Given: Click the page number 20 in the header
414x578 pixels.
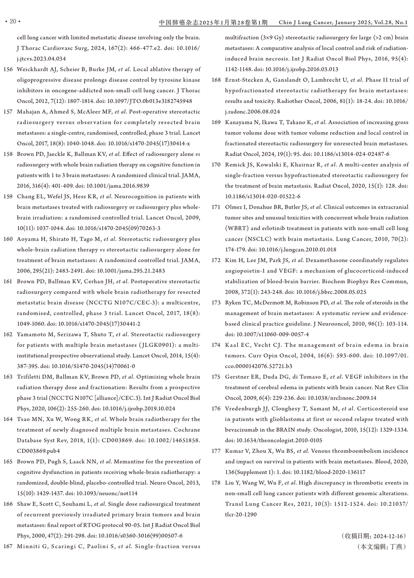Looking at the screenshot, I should tap(12, 22).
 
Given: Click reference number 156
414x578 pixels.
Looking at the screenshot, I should tap(8, 69).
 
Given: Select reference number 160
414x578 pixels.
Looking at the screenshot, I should tap(8, 239).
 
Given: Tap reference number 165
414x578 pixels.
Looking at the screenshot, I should tap(8, 462).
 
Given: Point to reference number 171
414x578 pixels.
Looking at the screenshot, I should tap(216, 207).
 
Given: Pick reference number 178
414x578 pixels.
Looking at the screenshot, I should tap(216, 483).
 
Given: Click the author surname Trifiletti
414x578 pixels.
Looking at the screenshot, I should tap(30, 377).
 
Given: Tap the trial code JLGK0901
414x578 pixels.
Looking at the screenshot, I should tap(155, 345).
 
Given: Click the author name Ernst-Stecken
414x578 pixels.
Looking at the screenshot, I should tap(244, 80).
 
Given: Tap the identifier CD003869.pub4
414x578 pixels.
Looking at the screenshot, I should tap(38, 451).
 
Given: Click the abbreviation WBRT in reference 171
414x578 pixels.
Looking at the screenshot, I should tap(237, 228).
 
